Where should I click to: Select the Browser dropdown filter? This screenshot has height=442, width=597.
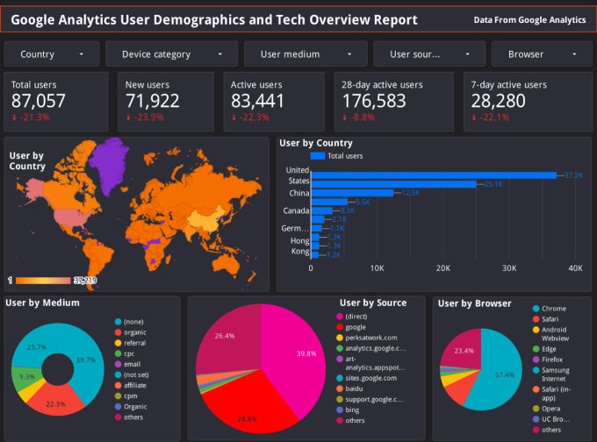[536, 54]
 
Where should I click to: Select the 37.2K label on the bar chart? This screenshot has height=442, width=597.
[573, 175]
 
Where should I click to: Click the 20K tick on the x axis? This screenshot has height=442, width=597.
[443, 268]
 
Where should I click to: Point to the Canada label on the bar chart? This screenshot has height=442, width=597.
[296, 210]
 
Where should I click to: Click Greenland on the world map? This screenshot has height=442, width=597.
[111, 162]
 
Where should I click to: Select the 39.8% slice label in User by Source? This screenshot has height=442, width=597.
[306, 354]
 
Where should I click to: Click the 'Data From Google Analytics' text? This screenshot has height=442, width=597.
[529, 19]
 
